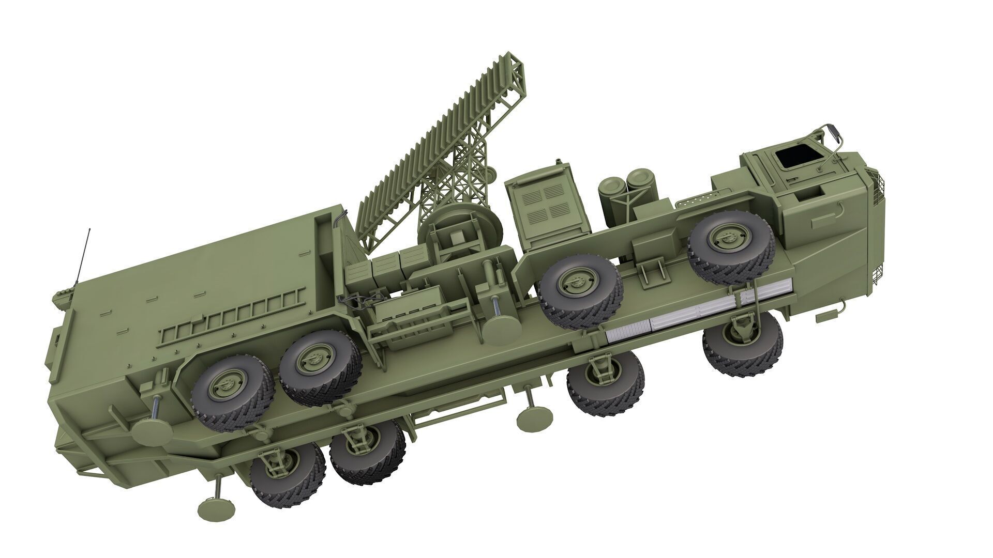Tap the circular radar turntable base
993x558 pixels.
click(x=460, y=228)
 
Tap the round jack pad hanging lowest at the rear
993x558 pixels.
click(x=213, y=509)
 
